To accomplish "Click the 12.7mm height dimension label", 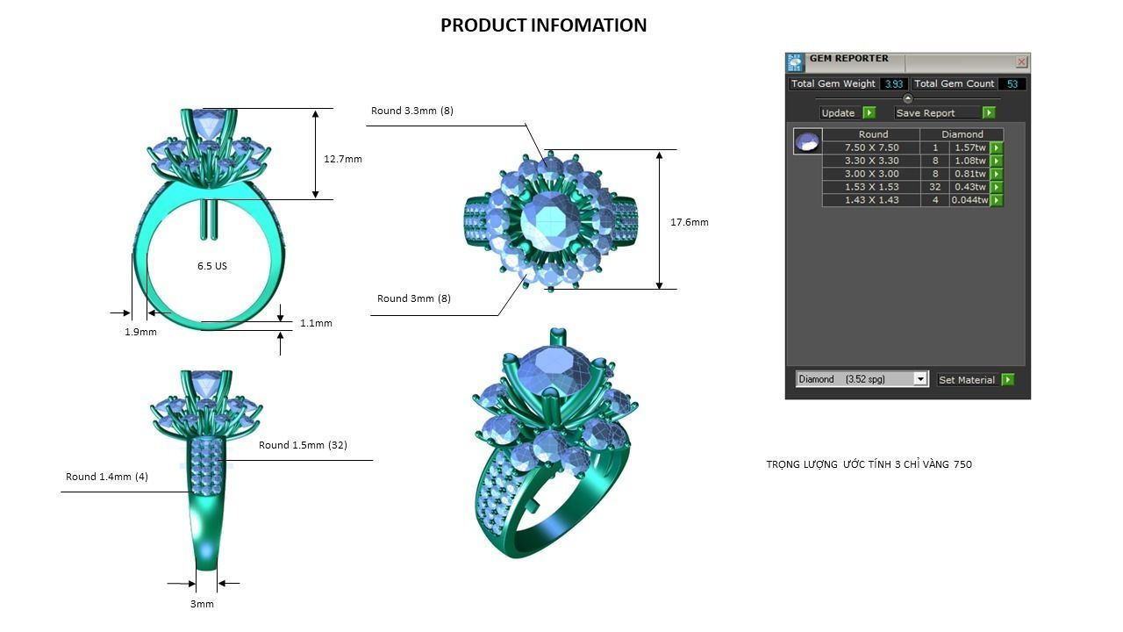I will click(x=342, y=159).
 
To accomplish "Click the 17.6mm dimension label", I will click(x=689, y=222).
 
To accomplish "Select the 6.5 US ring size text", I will click(x=211, y=266).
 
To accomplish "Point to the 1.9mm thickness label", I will click(x=140, y=332).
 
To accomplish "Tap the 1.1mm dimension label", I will click(x=316, y=323).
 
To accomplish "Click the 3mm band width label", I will click(x=202, y=604).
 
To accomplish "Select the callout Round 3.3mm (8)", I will click(x=411, y=111).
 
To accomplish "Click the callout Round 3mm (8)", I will click(x=413, y=298).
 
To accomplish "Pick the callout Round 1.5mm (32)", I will click(x=303, y=445).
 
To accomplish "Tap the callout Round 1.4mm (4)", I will click(x=106, y=477).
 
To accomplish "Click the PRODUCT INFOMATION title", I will click(x=543, y=25).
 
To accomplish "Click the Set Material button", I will click(x=975, y=379).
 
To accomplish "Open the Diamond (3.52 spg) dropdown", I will click(x=862, y=379).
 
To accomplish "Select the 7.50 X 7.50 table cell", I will click(x=871, y=147).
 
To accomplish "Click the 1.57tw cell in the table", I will click(x=969, y=147).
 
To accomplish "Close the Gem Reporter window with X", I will click(x=1021, y=61).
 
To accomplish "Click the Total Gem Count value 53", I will click(x=1012, y=84).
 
